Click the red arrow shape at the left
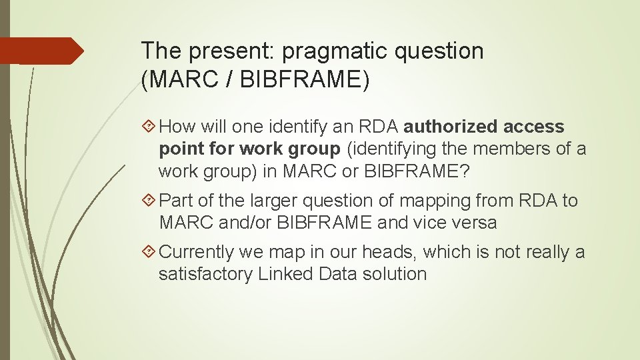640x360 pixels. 41,51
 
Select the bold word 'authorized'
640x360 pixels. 450,127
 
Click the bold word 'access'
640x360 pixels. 534,127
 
